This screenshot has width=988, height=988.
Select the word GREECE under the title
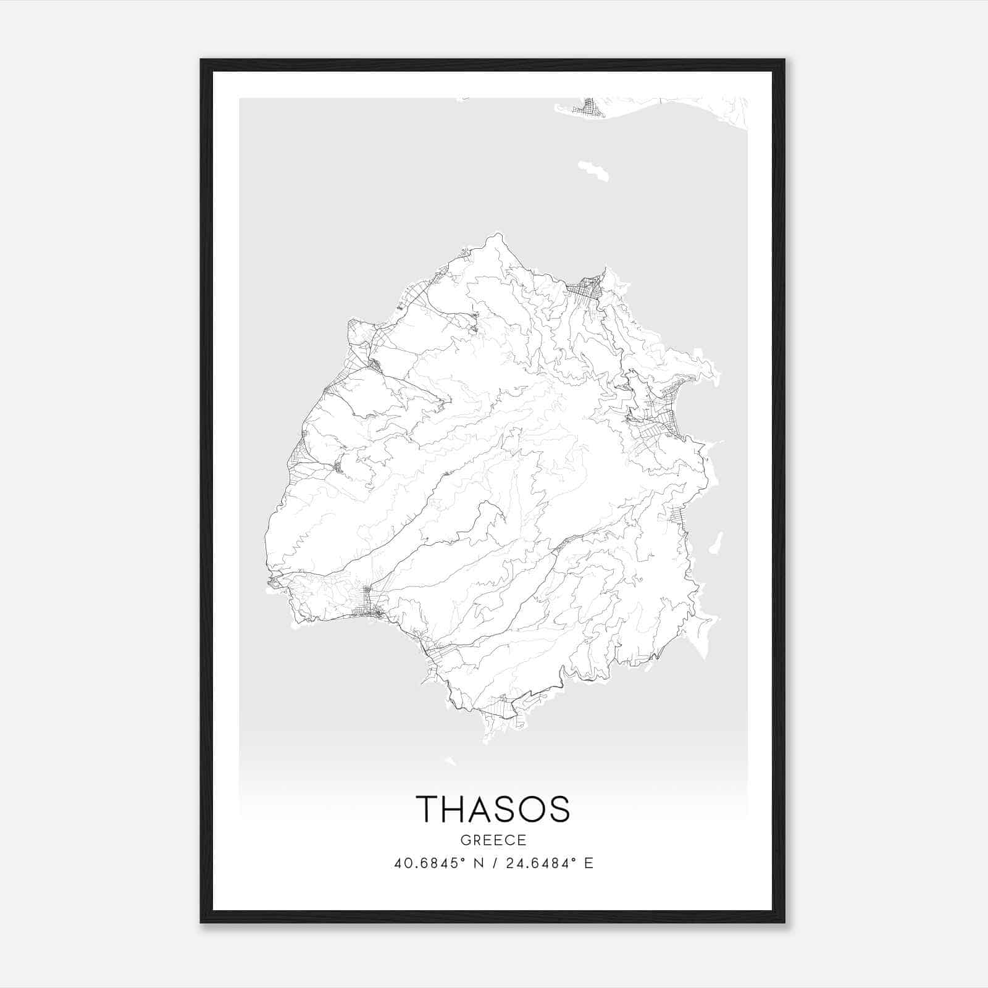(493, 840)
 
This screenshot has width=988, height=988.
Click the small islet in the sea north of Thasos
(593, 171)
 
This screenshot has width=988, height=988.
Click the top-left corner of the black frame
(202, 61)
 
